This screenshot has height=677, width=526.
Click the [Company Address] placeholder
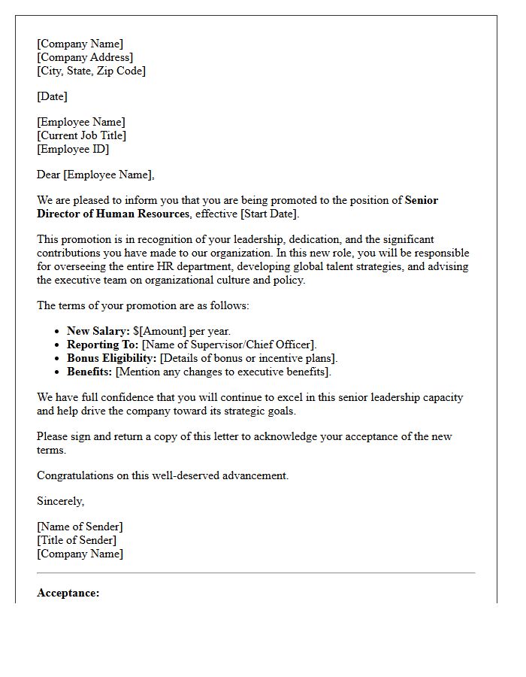coord(85,57)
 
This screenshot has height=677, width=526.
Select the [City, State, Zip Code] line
coord(91,71)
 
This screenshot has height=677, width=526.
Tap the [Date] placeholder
coord(52,96)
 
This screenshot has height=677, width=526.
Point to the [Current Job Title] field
coord(81,135)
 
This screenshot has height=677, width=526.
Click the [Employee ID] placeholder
coord(73,149)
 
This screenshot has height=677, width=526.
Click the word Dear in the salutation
coord(48,175)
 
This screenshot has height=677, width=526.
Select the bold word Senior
coord(422,200)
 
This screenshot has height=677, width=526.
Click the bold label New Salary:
coord(98,331)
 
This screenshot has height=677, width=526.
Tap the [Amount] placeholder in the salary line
coord(163,331)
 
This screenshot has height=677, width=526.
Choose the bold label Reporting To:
coord(103,345)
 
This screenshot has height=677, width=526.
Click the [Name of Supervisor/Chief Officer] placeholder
coord(229,345)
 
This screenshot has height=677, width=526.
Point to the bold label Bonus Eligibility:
coord(112,358)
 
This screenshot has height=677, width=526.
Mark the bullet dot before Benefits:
coord(58,372)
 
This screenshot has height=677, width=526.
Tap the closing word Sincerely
coord(60,501)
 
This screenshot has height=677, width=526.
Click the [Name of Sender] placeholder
coord(80,527)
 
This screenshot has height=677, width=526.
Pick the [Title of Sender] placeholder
coord(77,540)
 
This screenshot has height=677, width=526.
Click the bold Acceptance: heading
coord(68,593)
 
